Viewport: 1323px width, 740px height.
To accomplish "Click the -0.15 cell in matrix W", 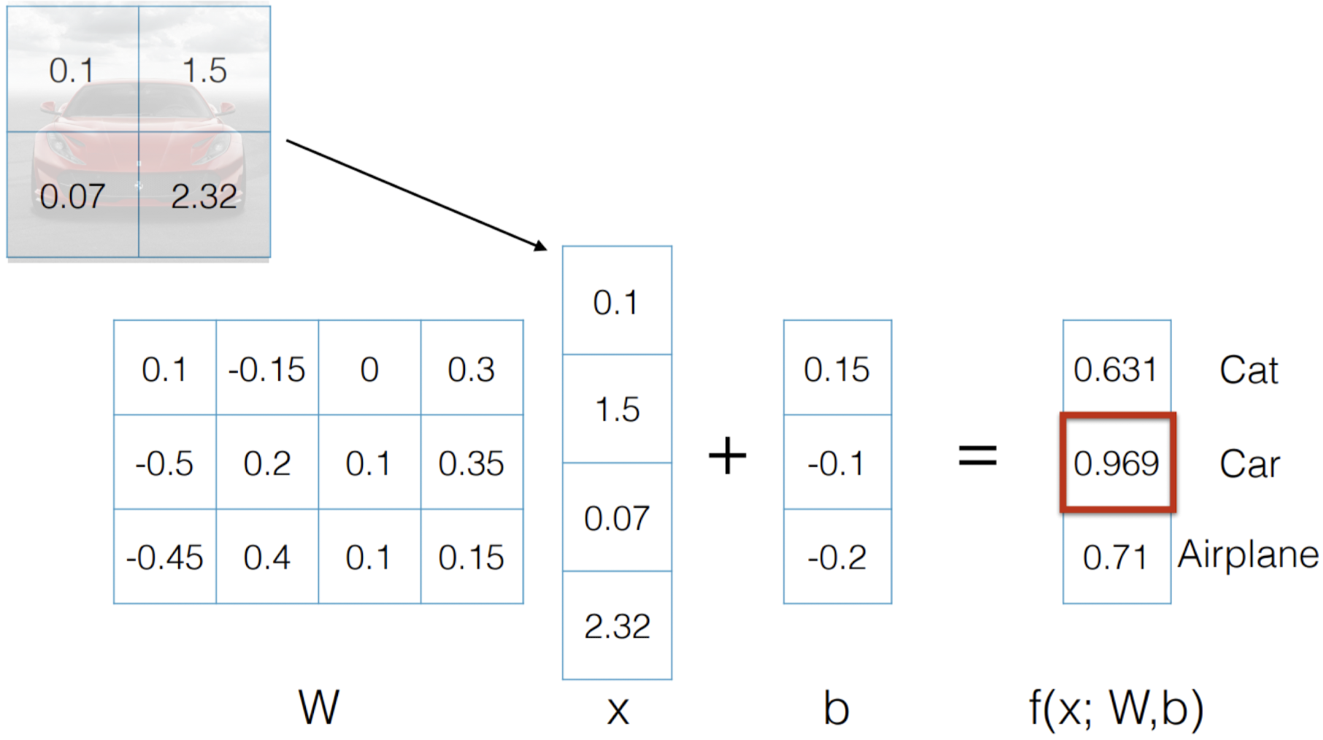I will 266,369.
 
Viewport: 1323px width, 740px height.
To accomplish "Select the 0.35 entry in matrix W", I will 471,463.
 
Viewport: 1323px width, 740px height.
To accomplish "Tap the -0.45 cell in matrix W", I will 164,558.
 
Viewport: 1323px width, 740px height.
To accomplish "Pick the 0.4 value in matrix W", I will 266,558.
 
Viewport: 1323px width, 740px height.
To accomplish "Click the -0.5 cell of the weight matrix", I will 164,463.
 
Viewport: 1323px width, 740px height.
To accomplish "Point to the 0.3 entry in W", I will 471,369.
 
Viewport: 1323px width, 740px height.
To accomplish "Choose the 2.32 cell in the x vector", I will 617,626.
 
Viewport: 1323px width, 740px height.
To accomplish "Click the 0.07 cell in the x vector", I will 617,518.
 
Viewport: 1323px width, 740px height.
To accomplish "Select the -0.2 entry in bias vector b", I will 837,558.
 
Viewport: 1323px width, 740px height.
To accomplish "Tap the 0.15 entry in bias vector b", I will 837,369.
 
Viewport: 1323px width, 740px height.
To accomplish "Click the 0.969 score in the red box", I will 1116,463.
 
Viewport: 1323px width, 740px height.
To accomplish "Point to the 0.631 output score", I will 1115,369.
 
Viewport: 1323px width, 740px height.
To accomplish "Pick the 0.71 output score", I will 1115,558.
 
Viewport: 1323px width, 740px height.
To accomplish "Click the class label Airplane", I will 1248,555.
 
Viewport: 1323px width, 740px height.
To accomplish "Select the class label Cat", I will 1249,370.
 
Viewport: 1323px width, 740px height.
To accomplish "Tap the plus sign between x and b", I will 727,456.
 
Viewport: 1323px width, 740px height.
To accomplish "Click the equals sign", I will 977,456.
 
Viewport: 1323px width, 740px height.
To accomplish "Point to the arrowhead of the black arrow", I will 541,247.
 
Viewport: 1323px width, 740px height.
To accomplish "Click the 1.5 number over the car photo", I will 204,71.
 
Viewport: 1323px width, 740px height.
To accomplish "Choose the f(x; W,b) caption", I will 1116,708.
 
